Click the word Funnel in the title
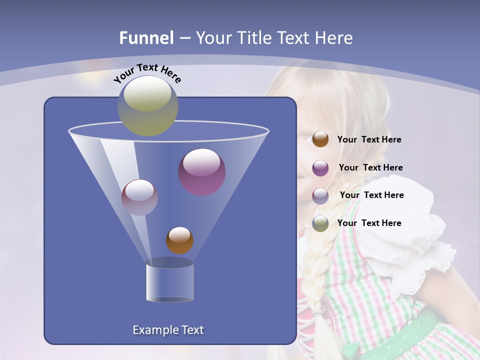pos(146,38)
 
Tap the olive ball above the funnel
pos(148,105)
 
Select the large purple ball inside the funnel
pos(202,171)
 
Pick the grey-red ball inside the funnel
pos(139,197)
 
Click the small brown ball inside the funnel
pos(179,240)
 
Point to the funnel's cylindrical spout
pos(169,282)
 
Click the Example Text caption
pos(168,330)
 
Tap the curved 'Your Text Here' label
pos(147,72)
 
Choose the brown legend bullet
pos(320,139)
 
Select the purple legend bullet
pos(320,167)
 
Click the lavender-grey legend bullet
pos(320,195)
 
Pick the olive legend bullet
pos(320,223)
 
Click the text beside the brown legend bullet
pos(369,139)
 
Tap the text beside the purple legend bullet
pos(370,167)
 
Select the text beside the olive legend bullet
pos(369,223)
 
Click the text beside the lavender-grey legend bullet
pos(371,195)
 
